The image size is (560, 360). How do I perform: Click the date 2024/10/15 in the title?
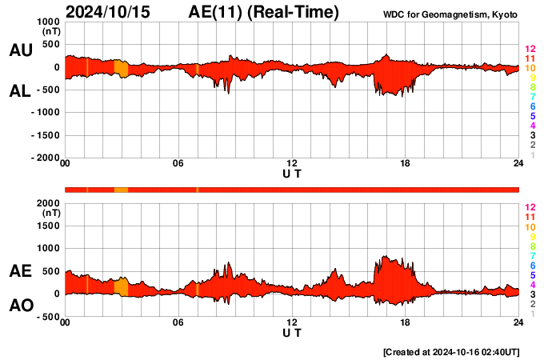[x=112, y=12]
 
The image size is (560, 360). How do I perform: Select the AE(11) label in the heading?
[x=263, y=12]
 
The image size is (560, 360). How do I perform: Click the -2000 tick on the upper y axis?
[x=46, y=158]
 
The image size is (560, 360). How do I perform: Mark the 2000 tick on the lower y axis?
[x=49, y=203]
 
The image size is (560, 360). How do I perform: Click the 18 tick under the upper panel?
[x=406, y=164]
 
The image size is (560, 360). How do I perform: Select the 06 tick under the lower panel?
[x=178, y=322]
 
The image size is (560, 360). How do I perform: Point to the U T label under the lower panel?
[x=292, y=332]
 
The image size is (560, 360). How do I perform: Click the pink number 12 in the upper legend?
[x=530, y=49]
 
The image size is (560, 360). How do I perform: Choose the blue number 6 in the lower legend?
[x=532, y=265]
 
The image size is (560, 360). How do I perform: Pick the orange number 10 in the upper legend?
[x=530, y=68]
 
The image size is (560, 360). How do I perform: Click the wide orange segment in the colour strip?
[x=121, y=190]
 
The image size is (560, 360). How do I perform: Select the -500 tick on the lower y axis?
[x=49, y=317]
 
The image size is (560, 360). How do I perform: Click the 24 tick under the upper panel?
[x=518, y=164]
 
